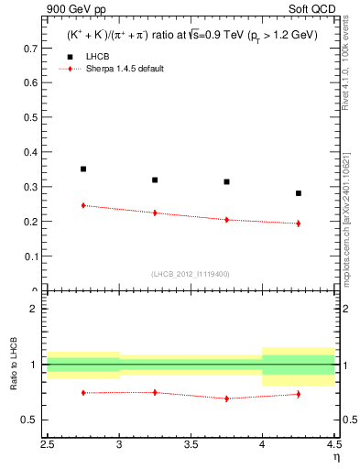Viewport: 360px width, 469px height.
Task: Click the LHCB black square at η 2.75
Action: pos(83,169)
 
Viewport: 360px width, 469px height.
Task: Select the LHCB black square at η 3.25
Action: pos(155,180)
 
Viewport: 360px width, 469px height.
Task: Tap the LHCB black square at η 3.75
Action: pos(226,181)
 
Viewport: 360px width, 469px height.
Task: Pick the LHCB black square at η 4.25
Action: pos(298,193)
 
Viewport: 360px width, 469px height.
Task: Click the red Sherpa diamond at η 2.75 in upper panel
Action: pos(83,205)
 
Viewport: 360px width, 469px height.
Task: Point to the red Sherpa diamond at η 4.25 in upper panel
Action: pos(298,223)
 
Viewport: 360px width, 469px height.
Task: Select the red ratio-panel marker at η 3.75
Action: pos(226,398)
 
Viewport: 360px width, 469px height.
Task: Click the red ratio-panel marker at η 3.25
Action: pos(155,392)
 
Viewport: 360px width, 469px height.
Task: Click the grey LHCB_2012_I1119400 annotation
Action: pos(191,273)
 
